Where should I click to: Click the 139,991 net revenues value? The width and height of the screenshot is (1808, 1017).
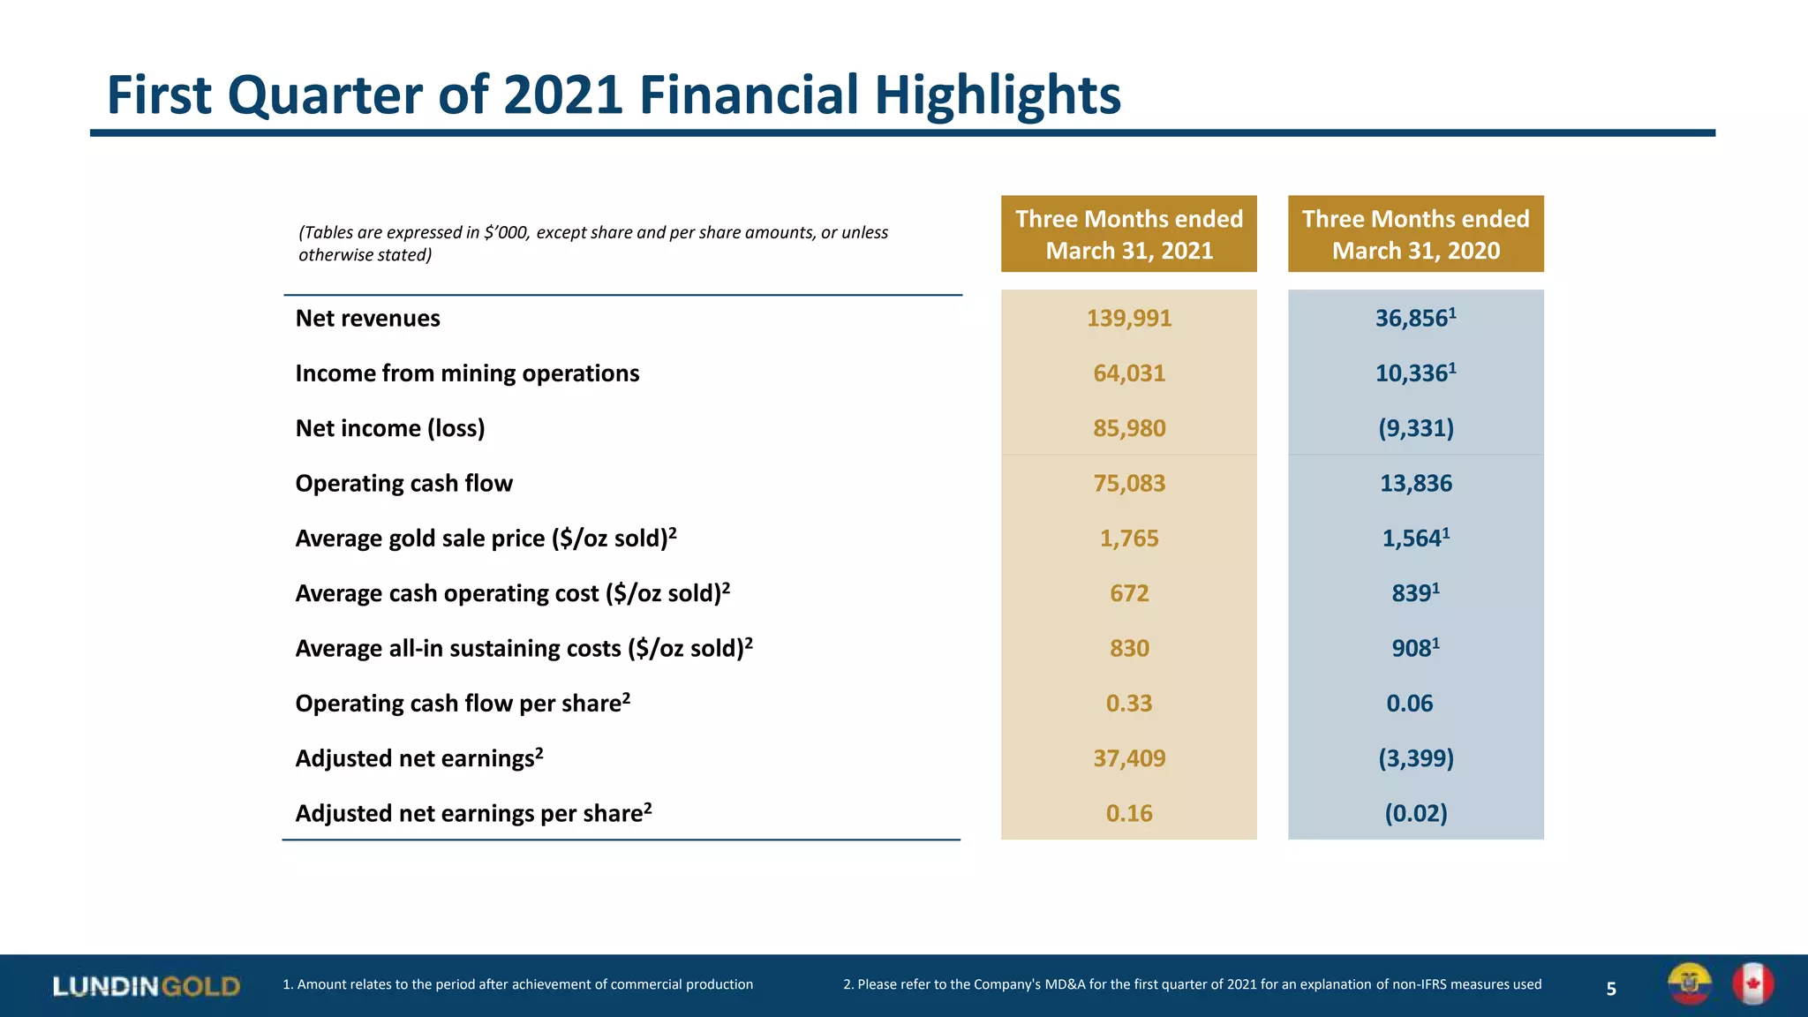[1128, 319]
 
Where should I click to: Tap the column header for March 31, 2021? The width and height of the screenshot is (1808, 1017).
[1128, 235]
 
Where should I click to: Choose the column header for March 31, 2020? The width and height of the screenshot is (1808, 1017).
[1415, 235]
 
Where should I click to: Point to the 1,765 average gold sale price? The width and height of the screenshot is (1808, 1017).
[1128, 539]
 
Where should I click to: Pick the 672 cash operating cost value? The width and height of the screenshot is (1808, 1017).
[1128, 593]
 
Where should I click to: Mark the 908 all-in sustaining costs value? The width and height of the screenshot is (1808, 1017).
[1414, 649]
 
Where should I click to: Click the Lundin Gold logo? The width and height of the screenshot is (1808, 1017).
[146, 986]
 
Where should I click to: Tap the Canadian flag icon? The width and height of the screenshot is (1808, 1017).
[1752, 984]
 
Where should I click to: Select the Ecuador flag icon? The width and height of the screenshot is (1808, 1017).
[1689, 984]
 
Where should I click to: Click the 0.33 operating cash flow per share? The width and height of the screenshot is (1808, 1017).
[1128, 704]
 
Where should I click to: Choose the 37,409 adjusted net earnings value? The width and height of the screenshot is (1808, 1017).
[1128, 758]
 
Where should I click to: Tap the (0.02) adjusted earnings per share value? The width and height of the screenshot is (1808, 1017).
[1415, 813]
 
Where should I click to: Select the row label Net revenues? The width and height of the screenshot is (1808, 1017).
[367, 319]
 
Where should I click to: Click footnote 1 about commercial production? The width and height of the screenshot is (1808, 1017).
[517, 984]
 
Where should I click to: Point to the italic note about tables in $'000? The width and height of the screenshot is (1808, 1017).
[592, 244]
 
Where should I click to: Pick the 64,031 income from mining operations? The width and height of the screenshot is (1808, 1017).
[1128, 373]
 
